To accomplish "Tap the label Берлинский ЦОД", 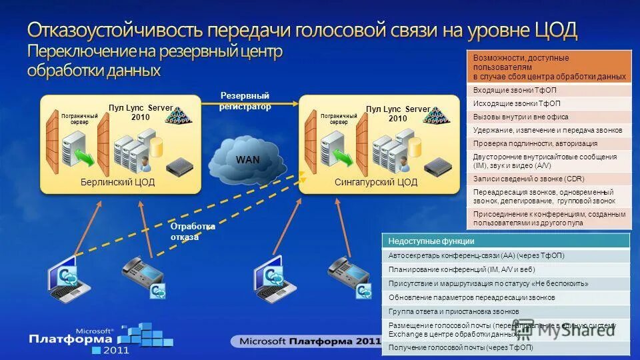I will (x=118, y=182).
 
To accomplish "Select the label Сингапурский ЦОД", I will (x=375, y=182).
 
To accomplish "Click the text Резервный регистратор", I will (x=245, y=101).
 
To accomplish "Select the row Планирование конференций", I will (x=506, y=269).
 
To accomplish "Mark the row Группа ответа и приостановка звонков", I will (x=506, y=311).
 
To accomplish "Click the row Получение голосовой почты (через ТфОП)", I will (x=506, y=347).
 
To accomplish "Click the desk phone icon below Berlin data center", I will (x=143, y=275).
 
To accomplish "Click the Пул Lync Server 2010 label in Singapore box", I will (x=398, y=113).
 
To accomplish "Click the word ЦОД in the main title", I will (x=556, y=30).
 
